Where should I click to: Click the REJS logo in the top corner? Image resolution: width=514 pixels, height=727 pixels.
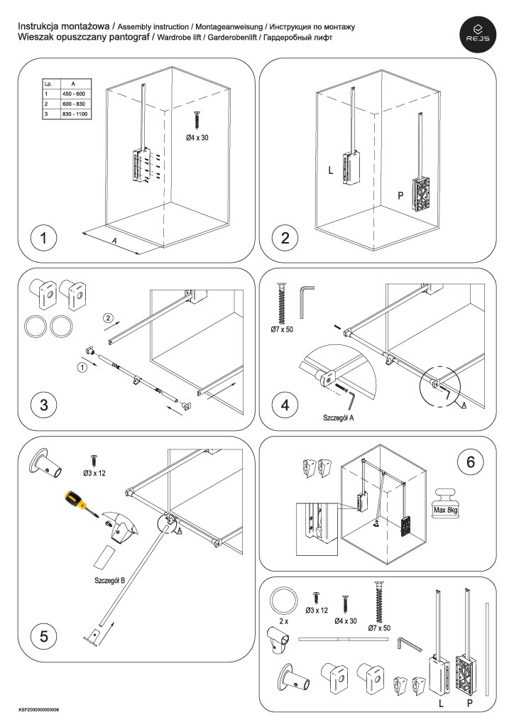click(478, 33)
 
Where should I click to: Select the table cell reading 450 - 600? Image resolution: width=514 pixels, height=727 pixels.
click(74, 94)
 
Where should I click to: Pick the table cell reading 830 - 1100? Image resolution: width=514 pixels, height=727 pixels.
click(76, 114)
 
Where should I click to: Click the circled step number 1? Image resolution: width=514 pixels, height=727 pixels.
click(44, 239)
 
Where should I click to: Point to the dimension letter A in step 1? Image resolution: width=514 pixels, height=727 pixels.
click(114, 241)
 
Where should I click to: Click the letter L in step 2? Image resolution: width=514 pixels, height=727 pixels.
click(330, 170)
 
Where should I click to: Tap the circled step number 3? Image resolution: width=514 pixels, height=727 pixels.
click(44, 405)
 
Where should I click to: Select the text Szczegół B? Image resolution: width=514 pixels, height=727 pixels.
click(110, 580)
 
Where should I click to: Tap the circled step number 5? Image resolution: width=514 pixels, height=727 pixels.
click(44, 636)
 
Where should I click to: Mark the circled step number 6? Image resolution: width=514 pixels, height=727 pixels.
click(469, 462)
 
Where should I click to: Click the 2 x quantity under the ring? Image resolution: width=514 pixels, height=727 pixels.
click(285, 621)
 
